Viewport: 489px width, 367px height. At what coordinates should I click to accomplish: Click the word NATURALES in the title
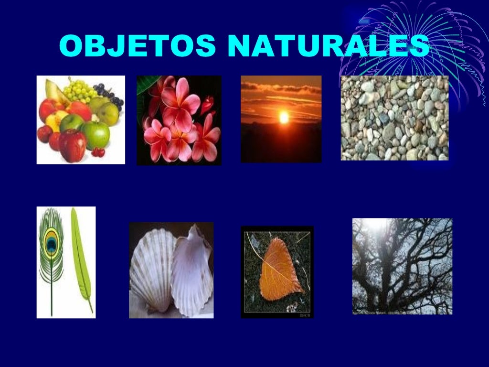[x=328, y=46]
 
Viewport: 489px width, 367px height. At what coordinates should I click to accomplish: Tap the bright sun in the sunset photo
[x=283, y=117]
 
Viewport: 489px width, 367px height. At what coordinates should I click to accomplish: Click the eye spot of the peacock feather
[x=51, y=243]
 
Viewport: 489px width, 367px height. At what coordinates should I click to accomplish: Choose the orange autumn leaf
[x=279, y=270]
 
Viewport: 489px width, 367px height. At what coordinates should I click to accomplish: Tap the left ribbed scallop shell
[x=152, y=270]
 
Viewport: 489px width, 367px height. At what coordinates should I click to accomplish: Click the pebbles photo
[x=394, y=118]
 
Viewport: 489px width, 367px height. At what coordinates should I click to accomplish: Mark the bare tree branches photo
[x=402, y=266]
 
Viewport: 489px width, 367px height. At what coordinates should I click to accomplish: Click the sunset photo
[x=281, y=119]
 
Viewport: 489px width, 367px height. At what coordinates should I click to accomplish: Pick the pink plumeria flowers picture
[x=179, y=120]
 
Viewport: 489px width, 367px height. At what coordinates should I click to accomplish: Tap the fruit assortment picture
[x=81, y=119]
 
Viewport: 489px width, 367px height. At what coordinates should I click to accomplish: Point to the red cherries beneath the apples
[x=98, y=152]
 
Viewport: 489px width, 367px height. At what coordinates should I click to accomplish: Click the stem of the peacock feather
[x=51, y=296]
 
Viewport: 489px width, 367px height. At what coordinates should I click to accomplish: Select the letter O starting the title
[x=72, y=46]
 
